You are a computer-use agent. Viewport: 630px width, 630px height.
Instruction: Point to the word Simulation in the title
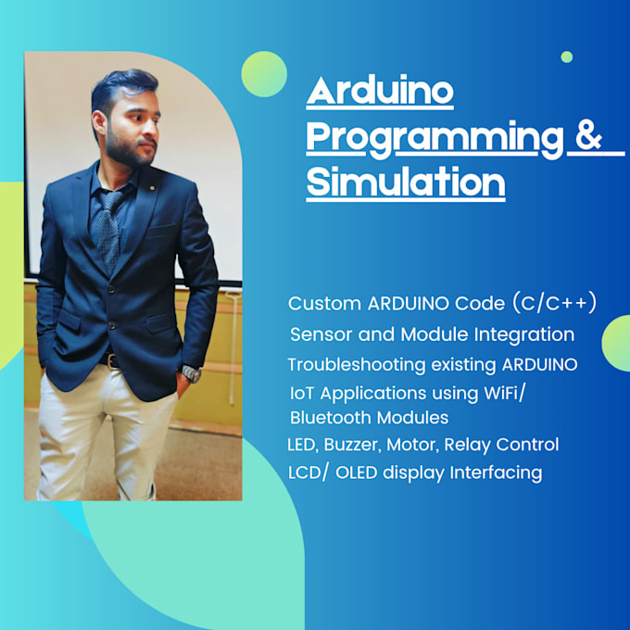click(406, 181)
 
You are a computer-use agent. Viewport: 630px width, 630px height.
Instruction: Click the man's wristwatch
click(190, 373)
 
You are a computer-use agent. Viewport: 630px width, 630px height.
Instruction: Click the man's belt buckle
click(112, 361)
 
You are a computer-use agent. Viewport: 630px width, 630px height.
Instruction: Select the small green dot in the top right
click(566, 57)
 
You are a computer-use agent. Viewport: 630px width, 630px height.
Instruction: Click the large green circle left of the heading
click(264, 74)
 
